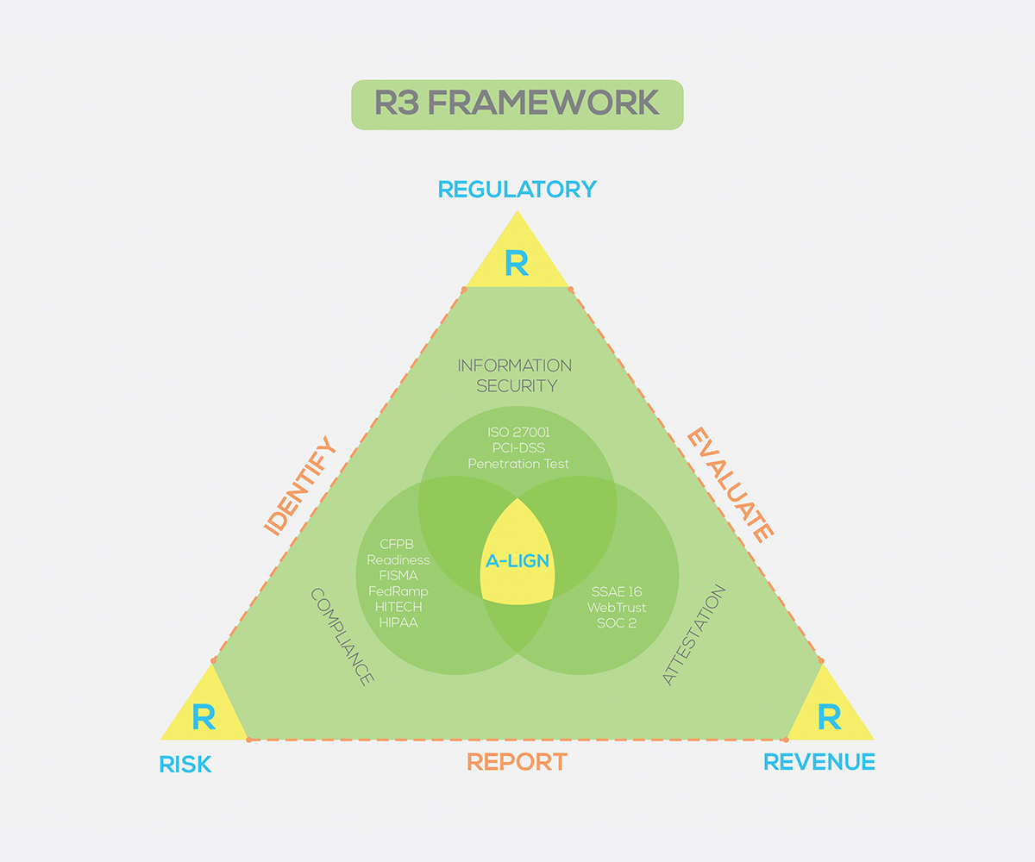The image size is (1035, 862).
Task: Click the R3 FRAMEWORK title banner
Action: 517,104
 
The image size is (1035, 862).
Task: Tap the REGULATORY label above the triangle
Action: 517,189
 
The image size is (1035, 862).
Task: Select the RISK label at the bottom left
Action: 185,764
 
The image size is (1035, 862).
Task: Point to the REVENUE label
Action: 819,762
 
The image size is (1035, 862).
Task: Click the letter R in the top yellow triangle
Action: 517,264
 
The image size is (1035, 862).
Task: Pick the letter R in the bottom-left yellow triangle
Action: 204,717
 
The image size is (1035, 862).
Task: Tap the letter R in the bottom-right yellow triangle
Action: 829,717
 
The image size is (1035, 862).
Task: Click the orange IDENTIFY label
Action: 299,487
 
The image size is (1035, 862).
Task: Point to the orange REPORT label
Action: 517,762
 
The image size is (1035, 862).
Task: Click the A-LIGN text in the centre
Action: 517,561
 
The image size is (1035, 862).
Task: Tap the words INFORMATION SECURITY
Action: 515,376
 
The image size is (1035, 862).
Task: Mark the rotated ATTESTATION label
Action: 694,635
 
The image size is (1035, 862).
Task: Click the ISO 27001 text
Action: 518,431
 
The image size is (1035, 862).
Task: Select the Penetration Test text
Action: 518,464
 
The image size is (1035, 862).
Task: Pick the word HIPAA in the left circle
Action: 397,622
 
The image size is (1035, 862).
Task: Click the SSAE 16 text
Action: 618,592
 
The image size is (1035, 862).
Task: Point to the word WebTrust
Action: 618,608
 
